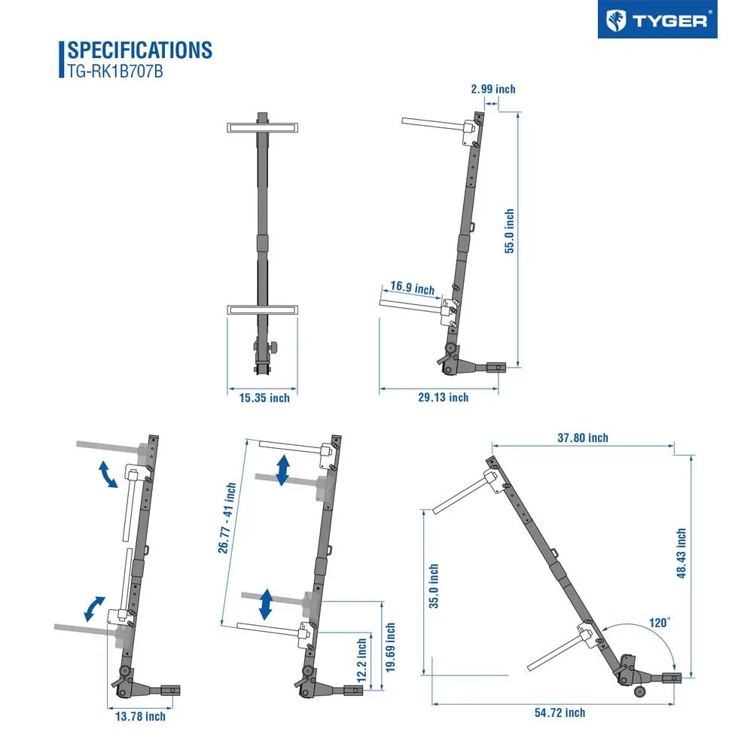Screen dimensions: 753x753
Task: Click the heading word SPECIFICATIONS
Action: click(140, 50)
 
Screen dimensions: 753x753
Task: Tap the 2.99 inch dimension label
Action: click(493, 89)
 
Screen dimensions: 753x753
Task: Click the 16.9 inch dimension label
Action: click(412, 288)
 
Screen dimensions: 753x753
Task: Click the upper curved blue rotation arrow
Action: click(108, 475)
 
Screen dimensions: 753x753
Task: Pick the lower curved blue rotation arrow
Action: click(94, 608)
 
